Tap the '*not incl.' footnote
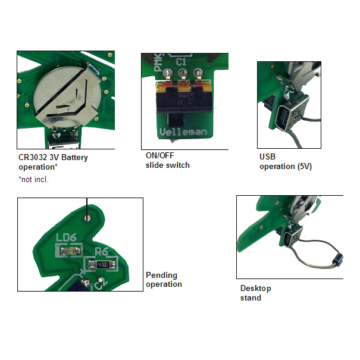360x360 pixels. pyautogui.click(x=33, y=179)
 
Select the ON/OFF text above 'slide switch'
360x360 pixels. pyautogui.click(x=160, y=155)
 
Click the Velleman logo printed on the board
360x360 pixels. pyautogui.click(x=183, y=132)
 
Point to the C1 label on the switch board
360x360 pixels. pyautogui.click(x=181, y=61)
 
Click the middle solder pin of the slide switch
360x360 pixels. pyautogui.click(x=183, y=74)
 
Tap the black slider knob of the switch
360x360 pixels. pyautogui.click(x=176, y=120)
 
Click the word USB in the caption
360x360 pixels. pyautogui.click(x=267, y=156)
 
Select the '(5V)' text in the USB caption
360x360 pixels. pyautogui.click(x=305, y=166)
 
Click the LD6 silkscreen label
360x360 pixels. pyautogui.click(x=66, y=237)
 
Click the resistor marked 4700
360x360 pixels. pyautogui.click(x=102, y=265)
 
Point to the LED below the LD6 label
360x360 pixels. pyautogui.click(x=70, y=251)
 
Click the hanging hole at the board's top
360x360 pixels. pyautogui.click(x=87, y=218)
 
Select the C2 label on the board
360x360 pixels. pyautogui.click(x=101, y=285)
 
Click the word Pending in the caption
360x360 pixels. pyautogui.click(x=161, y=275)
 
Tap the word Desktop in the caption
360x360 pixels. pyautogui.click(x=255, y=289)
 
